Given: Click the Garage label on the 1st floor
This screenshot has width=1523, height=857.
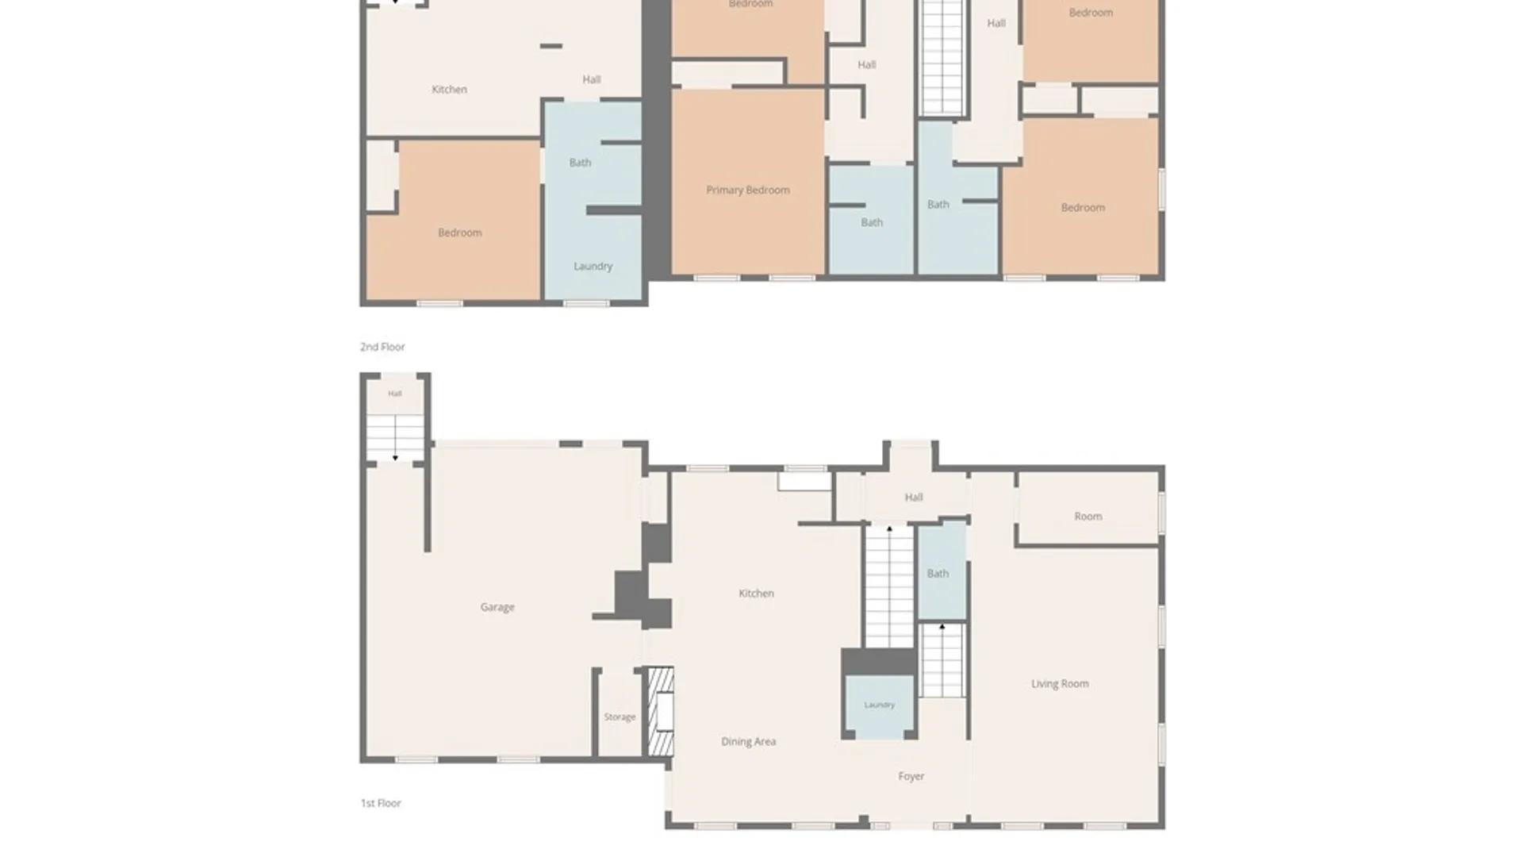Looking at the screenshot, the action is pyautogui.click(x=497, y=607).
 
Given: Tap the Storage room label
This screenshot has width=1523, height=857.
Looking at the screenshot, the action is pyautogui.click(x=620, y=717).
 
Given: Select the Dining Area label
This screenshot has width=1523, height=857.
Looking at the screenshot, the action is pyautogui.click(x=748, y=741).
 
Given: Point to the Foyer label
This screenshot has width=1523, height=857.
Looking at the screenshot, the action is pyautogui.click(x=911, y=776).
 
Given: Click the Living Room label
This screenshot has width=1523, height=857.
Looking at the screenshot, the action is pyautogui.click(x=1060, y=683).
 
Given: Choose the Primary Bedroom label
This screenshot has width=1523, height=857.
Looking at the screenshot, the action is pyautogui.click(x=747, y=190).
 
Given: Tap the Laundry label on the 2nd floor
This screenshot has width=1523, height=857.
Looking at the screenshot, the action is pyautogui.click(x=593, y=266).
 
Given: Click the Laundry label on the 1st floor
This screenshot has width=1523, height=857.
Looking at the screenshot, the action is pyautogui.click(x=879, y=705).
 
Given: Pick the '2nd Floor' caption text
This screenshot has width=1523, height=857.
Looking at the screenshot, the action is pyautogui.click(x=382, y=347).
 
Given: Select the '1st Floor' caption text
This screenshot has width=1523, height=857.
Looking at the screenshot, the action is pyautogui.click(x=381, y=803).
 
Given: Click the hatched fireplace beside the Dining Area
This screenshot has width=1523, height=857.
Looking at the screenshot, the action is pyautogui.click(x=661, y=711).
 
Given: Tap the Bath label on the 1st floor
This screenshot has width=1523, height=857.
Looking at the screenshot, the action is pyautogui.click(x=938, y=573).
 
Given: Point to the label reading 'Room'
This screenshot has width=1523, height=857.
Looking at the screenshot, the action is pyautogui.click(x=1088, y=516).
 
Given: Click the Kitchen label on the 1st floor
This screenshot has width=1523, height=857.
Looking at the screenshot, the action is pyautogui.click(x=756, y=593).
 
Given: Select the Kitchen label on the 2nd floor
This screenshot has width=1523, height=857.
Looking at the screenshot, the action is pyautogui.click(x=449, y=90).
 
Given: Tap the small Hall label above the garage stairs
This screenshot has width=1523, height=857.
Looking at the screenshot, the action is pyautogui.click(x=394, y=394).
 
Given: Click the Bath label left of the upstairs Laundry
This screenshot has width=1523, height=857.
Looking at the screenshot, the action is pyautogui.click(x=580, y=163).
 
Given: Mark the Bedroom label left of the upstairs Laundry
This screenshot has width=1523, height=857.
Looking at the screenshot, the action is pyautogui.click(x=459, y=233).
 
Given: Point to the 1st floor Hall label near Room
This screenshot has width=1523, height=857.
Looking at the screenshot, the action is pyautogui.click(x=913, y=498).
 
